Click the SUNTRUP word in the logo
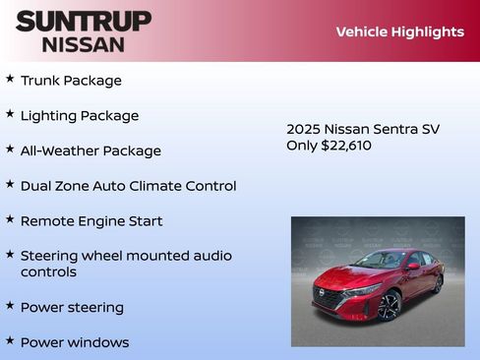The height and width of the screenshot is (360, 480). tap(84, 21)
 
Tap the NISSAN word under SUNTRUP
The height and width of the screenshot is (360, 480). tap(84, 44)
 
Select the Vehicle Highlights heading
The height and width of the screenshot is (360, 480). tap(399, 31)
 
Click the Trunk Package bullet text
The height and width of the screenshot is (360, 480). tap(71, 81)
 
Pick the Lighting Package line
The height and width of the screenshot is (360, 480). tap(80, 116)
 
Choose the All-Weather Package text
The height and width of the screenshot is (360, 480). tap(90, 151)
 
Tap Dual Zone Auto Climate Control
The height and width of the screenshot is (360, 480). tap(128, 186)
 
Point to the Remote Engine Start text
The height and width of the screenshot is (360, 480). tap(91, 221)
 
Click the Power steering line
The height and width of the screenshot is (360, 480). tap(72, 308)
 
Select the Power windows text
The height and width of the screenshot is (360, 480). tap(75, 343)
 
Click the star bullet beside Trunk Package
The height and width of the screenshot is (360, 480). tap(10, 79)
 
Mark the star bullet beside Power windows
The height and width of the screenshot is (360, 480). tap(10, 341)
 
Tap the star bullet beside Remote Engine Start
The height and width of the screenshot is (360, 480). tap(10, 219)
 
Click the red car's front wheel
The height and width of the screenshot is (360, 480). tap(390, 306)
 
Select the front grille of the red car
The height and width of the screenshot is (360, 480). tap(330, 296)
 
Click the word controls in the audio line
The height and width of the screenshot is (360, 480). tap(48, 272)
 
